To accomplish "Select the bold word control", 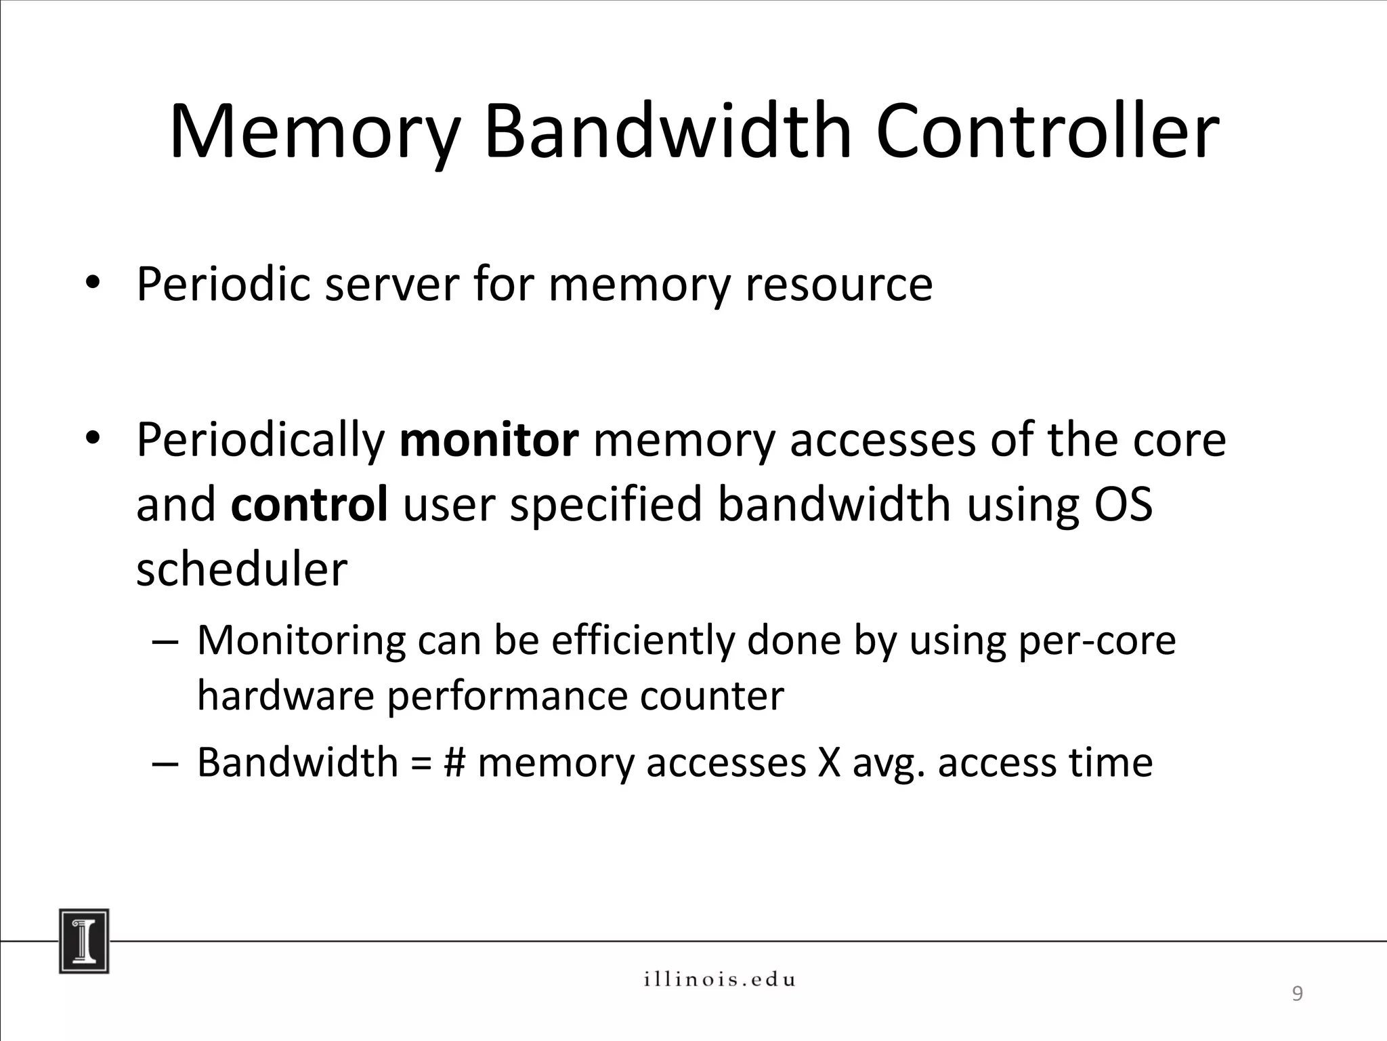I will click(x=310, y=505).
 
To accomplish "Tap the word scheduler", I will click(x=241, y=569).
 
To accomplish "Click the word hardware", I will click(x=285, y=697).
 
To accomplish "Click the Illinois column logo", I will click(x=84, y=941).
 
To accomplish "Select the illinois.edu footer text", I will click(x=719, y=979).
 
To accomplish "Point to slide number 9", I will click(x=1297, y=994).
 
